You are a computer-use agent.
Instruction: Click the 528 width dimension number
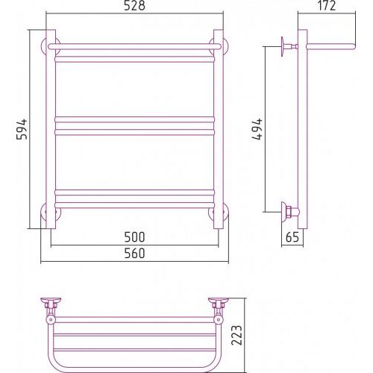click(134, 5)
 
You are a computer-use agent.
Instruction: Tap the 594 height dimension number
click(22, 129)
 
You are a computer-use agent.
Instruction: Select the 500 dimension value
click(134, 237)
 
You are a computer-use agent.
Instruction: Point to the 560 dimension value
click(134, 254)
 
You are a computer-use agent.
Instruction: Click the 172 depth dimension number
click(327, 5)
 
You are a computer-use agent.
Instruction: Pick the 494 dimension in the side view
click(257, 129)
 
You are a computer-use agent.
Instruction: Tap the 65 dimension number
click(292, 237)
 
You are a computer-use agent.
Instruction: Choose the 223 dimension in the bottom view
click(236, 335)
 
